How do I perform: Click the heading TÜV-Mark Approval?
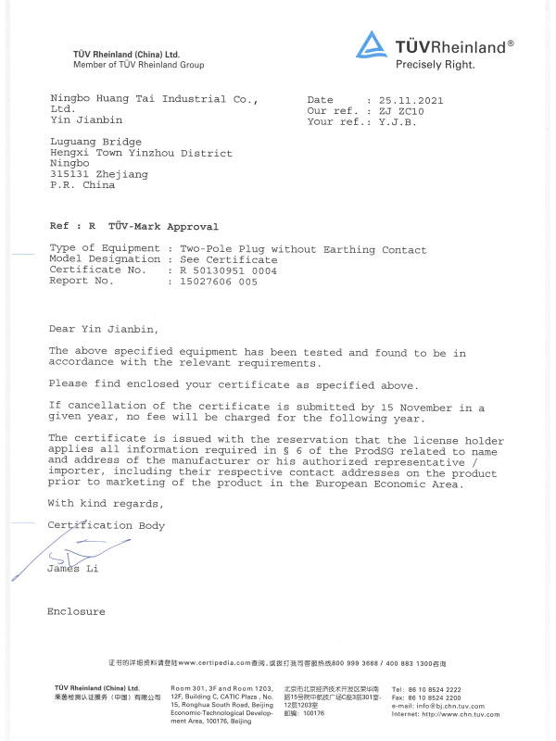163,226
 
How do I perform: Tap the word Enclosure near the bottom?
76,611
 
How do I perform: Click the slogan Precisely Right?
435,65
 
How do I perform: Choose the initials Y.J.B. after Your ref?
398,121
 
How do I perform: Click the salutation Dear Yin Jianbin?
103,328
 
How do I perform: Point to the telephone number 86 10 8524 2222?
439,690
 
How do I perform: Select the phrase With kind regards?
106,503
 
